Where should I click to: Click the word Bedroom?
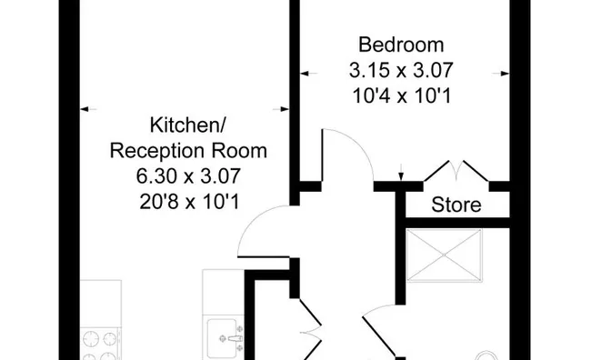coord(401,44)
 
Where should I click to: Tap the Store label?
coord(456,205)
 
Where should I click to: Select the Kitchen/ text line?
coord(187,125)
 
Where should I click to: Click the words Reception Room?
coord(187,149)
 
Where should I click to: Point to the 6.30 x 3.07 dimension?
coord(187,175)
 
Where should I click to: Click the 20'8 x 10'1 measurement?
coord(187,199)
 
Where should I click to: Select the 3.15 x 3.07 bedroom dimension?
coord(401,69)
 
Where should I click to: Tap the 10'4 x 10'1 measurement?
coord(401,94)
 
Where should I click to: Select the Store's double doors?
coord(456,173)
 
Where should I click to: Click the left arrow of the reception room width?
coord(85,110)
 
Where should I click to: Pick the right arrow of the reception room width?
coord(286,110)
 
